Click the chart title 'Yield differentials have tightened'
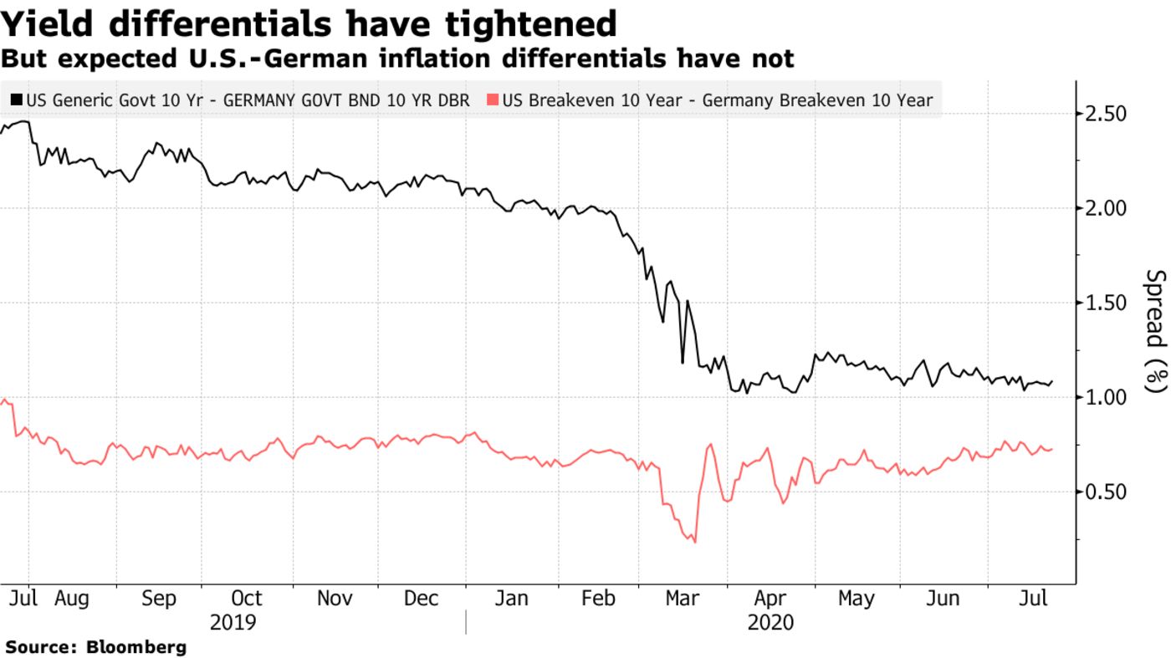309,24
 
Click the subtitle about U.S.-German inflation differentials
397,59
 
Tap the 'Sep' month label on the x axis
159,599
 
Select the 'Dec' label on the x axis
421,599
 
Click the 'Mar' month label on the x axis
683,599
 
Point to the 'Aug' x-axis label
71,599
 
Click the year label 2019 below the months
233,623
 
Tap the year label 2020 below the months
770,623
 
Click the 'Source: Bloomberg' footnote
96,647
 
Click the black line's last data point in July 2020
1052,381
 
